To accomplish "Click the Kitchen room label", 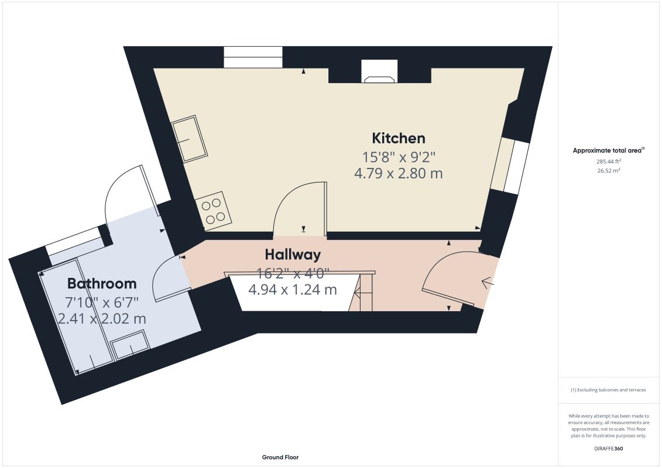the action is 398,138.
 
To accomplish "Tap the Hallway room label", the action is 293,254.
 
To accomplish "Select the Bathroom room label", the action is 102,283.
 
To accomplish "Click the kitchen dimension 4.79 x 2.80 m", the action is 398,173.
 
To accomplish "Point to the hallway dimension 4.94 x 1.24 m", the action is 293,290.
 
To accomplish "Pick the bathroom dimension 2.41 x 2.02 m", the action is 102,319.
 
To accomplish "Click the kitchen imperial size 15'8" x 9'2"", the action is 398,157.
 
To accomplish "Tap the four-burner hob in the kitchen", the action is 213,211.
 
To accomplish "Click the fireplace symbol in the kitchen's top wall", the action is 379,72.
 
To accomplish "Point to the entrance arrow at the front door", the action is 488,282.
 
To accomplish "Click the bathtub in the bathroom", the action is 76,317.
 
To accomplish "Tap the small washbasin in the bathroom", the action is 130,345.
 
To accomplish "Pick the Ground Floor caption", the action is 280,457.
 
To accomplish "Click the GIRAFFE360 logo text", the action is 608,449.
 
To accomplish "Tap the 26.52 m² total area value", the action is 608,170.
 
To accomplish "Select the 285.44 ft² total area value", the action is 608,161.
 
